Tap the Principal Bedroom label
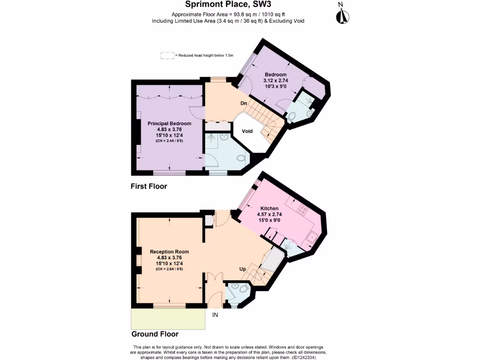tap(169, 123)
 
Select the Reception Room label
tap(169, 252)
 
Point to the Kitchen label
tap(270, 209)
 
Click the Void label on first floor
tap(247, 131)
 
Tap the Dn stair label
tap(244, 103)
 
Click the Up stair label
tap(243, 270)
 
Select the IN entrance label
tap(215, 315)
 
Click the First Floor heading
tap(149, 186)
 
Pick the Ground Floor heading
tap(155, 334)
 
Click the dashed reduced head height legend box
tap(167, 55)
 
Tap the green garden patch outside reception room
tap(168, 319)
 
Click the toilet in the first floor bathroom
tap(242, 158)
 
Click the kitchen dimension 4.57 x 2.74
tap(270, 214)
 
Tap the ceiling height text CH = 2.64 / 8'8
tap(169, 269)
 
